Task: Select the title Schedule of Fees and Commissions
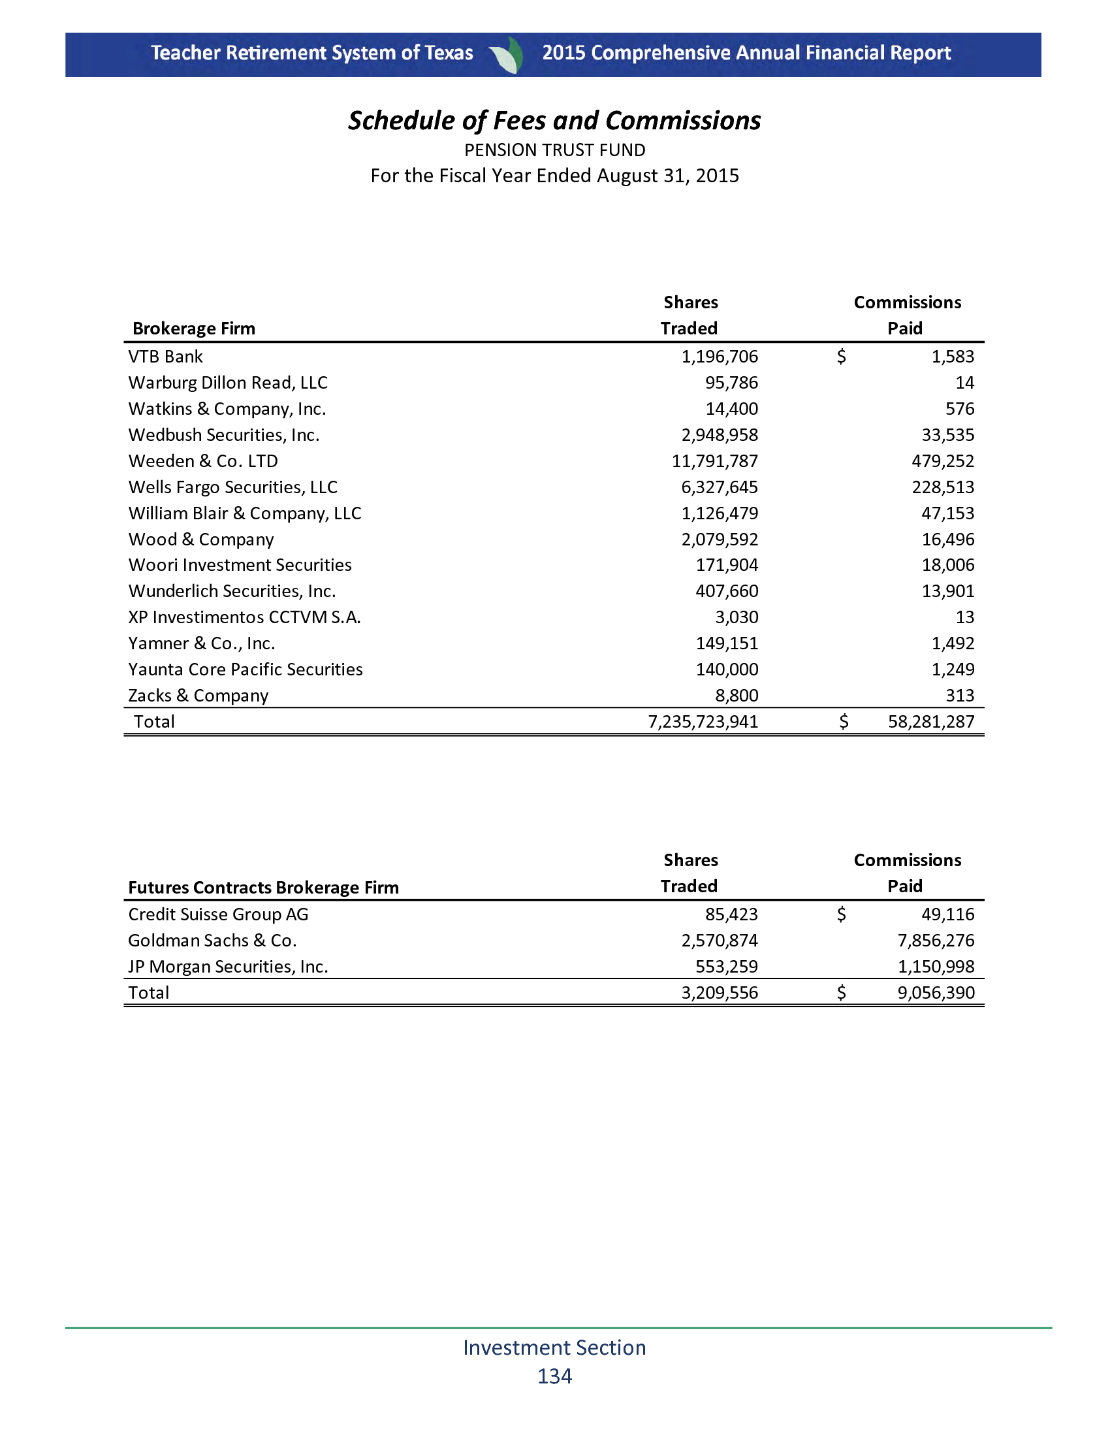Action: point(554,121)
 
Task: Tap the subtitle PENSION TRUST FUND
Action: point(554,151)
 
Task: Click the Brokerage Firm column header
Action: point(194,329)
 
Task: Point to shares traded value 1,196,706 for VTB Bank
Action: point(720,357)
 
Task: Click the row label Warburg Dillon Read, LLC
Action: point(227,383)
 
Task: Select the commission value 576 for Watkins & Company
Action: point(959,410)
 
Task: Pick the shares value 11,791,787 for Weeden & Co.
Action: point(714,461)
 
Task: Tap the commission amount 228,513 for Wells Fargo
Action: point(942,487)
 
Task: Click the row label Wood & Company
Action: point(200,540)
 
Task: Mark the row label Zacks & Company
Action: point(198,696)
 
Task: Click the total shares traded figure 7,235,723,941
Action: point(703,722)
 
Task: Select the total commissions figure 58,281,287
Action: point(931,722)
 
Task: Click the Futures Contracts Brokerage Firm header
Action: point(263,888)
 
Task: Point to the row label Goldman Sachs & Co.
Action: point(212,941)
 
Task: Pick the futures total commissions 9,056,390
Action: point(936,993)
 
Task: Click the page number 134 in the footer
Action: point(554,1376)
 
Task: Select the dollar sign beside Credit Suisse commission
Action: point(841,914)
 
